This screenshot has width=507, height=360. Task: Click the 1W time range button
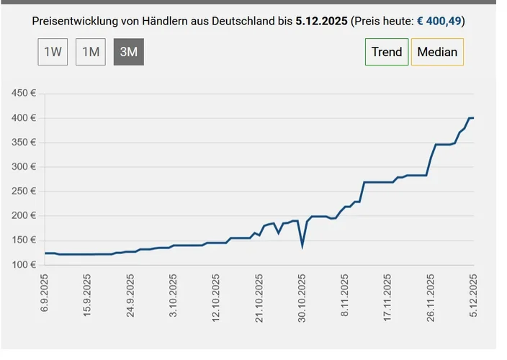53,52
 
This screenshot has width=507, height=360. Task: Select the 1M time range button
91,52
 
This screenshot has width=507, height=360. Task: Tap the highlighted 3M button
129,52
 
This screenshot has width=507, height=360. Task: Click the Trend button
387,52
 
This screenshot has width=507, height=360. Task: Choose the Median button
437,52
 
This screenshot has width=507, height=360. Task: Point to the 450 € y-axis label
24,94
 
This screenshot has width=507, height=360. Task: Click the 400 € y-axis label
24,118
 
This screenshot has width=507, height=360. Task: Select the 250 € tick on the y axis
24,192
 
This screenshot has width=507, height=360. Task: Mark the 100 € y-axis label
24,265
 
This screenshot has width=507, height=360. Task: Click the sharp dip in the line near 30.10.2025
302,246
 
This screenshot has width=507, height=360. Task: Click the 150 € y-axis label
24,240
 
